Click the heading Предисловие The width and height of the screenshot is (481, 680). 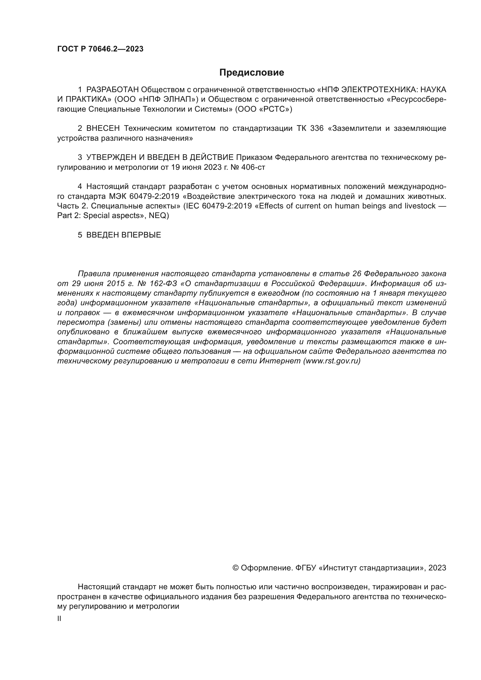tap(252, 73)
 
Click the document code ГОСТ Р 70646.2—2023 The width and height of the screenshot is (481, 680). tap(100, 49)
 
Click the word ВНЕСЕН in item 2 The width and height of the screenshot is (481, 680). tap(103, 128)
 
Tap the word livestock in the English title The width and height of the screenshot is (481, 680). tap(420, 206)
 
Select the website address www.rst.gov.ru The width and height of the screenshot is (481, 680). tap(332, 361)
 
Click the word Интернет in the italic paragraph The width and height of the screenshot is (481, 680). tap(280, 361)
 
